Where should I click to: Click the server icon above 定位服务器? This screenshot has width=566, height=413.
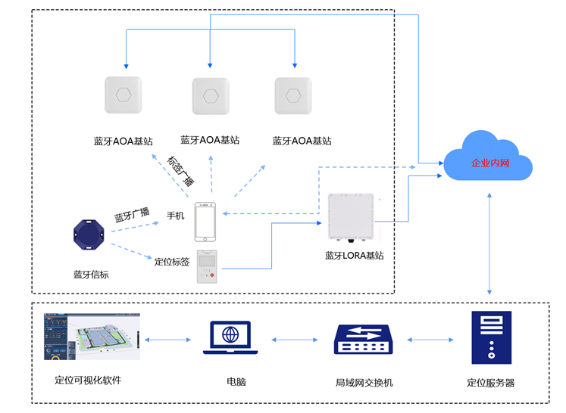(x=491, y=337)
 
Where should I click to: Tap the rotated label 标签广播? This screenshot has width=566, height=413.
(x=180, y=171)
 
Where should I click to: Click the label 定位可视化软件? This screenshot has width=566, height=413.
(x=88, y=380)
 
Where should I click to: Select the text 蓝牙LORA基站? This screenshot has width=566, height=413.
(x=354, y=256)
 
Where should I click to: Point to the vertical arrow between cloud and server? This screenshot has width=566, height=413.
(x=491, y=242)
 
